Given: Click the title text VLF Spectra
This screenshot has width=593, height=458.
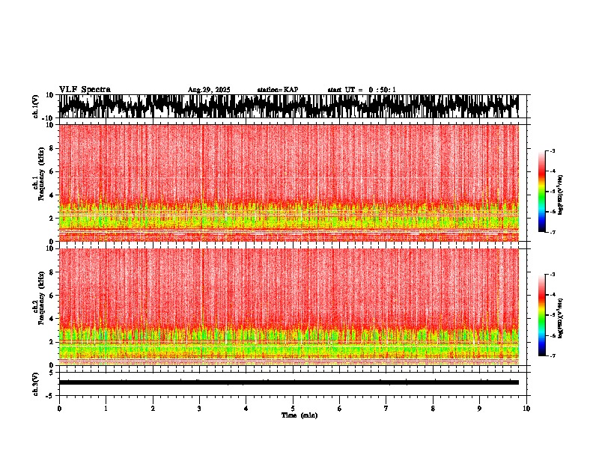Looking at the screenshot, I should pyautogui.click(x=85, y=89).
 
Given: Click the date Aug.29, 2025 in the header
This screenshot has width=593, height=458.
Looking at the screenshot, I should pyautogui.click(x=209, y=90).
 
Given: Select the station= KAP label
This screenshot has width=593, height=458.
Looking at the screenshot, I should pyautogui.click(x=277, y=90).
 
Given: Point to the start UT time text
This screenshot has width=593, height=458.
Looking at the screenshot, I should pyautogui.click(x=362, y=90).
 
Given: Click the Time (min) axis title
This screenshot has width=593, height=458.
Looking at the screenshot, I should pyautogui.click(x=299, y=415).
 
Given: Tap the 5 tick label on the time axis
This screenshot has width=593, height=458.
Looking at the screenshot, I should pyautogui.click(x=293, y=408).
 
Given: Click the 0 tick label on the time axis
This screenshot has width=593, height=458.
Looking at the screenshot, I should pyautogui.click(x=59, y=408).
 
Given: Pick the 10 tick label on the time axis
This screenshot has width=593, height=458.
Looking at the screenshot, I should pyautogui.click(x=526, y=408).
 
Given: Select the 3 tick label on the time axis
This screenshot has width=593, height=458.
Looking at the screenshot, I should pyautogui.click(x=199, y=408).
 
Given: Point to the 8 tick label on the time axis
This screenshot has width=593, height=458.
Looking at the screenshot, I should pyautogui.click(x=433, y=408).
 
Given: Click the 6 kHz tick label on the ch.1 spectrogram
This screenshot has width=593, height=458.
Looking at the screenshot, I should pyautogui.click(x=52, y=171).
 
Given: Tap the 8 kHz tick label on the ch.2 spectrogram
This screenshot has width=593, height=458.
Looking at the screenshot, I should pyautogui.click(x=52, y=272).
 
